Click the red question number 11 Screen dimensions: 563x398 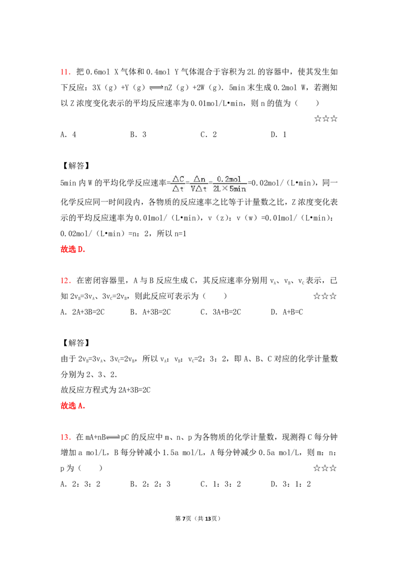pyautogui.click(x=66, y=73)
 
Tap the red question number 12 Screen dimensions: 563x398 pyautogui.click(x=66, y=281)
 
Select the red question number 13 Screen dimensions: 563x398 pyautogui.click(x=66, y=438)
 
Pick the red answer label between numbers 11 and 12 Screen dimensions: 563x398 pyautogui.click(x=73, y=249)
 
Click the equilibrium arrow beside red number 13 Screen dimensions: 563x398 pyautogui.click(x=113, y=438)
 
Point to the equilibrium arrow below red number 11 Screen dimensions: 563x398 pyautogui.click(x=157, y=88)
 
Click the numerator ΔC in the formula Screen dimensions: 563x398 pyautogui.click(x=178, y=179)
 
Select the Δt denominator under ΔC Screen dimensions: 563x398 pyautogui.click(x=178, y=189)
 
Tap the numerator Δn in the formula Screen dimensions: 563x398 pyautogui.click(x=199, y=179)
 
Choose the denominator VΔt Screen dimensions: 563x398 pyautogui.click(x=199, y=189)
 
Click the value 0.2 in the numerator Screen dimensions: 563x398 pyautogui.click(x=223, y=179)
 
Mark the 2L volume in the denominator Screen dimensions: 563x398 pyautogui.click(x=217, y=189)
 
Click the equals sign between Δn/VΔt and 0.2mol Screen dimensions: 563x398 pyautogui.click(x=209, y=184)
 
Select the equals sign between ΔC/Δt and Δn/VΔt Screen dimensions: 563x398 pyautogui.click(x=188, y=184)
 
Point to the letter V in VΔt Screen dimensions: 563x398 pyautogui.click(x=194, y=189)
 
